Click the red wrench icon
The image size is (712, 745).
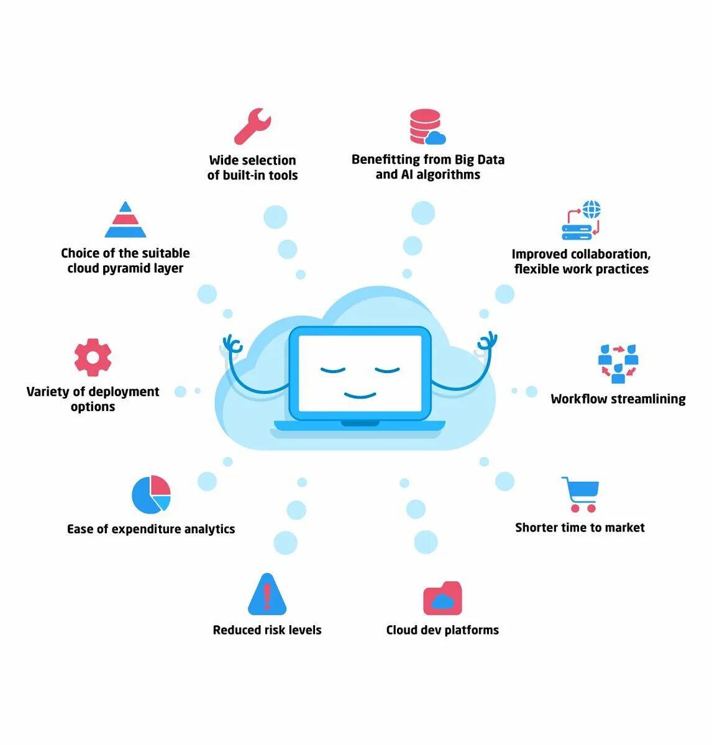[x=252, y=126]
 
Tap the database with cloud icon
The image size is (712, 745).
[x=427, y=127]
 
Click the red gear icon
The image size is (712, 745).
[x=93, y=358]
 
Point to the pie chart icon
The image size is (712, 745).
[x=151, y=494]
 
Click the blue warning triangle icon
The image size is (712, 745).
[x=267, y=594]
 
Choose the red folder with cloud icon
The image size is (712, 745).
[x=442, y=598]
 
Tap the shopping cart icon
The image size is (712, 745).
[x=581, y=494]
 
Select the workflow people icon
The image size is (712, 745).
[x=618, y=364]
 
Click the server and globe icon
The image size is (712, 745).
[x=582, y=220]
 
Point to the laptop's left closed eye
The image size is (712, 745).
[x=333, y=371]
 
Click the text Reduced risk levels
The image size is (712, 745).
[x=267, y=630]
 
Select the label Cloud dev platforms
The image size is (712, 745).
[x=442, y=630]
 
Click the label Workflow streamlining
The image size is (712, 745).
[x=618, y=399]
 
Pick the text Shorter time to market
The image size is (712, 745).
[x=580, y=528]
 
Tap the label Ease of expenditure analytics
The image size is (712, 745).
[x=151, y=529]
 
